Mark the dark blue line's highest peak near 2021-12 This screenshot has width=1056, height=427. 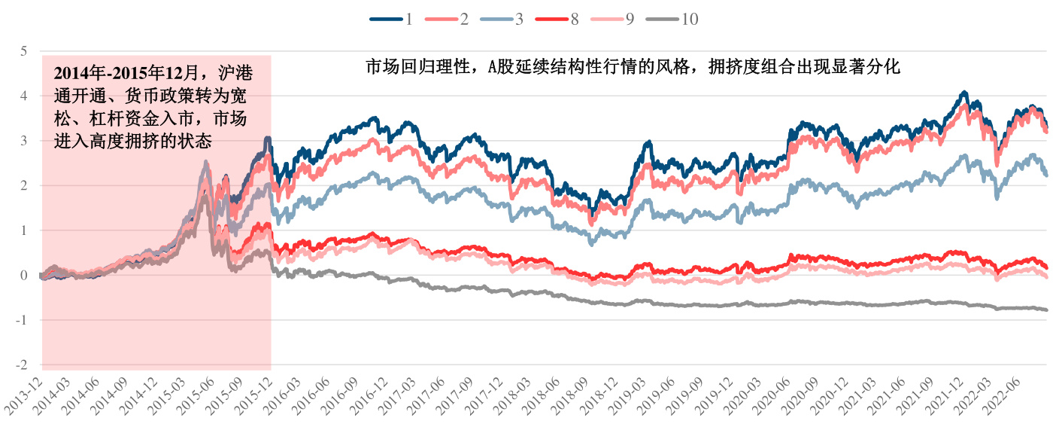point(964,93)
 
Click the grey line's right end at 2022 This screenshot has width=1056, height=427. point(1046,310)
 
